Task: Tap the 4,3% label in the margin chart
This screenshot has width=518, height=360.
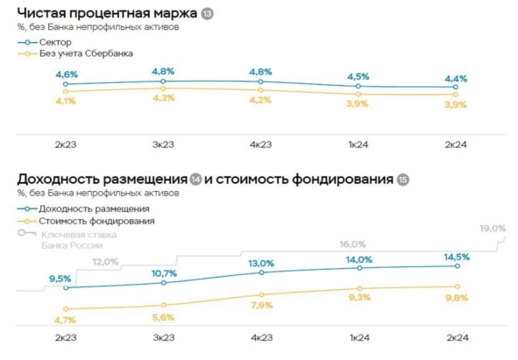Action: click(164, 98)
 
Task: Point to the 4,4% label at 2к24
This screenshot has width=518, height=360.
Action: click(456, 79)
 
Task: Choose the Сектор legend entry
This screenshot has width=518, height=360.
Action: click(55, 41)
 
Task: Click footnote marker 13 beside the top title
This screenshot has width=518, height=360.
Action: click(207, 15)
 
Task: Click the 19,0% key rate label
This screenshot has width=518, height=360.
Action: click(493, 229)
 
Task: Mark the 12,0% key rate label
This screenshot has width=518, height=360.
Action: click(105, 262)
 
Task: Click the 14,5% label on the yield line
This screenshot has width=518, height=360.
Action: click(456, 257)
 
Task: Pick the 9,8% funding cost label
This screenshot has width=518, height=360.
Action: click(456, 297)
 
